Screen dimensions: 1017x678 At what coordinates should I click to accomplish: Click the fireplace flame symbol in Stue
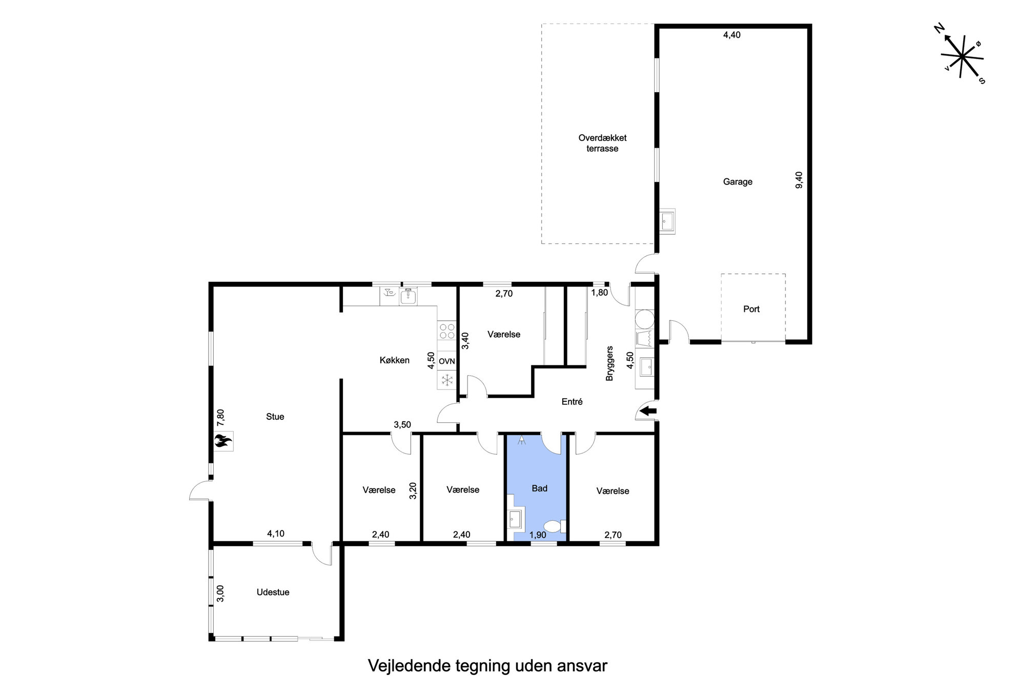coord(223,441)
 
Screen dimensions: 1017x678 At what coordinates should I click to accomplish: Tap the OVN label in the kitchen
coord(447,361)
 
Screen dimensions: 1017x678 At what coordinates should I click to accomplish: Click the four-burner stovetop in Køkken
coord(447,330)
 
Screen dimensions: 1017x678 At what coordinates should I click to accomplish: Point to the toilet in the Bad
coord(554,526)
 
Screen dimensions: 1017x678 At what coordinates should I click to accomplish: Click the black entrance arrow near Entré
coord(648,410)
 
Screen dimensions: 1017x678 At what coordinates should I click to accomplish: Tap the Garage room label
coord(738,181)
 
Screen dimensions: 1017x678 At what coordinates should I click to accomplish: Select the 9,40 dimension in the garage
coord(799,180)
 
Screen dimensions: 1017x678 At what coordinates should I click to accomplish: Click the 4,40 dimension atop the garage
coord(731,35)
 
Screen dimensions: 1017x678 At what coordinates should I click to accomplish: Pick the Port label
coord(751,309)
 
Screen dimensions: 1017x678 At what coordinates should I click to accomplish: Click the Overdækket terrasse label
coord(602,143)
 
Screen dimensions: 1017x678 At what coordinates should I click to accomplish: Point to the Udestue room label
coord(273,592)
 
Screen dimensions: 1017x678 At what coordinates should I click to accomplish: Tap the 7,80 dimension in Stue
coord(220,417)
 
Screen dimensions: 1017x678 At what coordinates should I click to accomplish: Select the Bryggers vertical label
coord(609,363)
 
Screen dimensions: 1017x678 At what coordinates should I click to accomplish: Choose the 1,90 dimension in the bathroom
coord(538,535)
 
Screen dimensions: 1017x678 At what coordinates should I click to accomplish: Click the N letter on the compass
coord(939,29)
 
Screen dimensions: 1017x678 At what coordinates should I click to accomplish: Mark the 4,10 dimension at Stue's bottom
coord(276,533)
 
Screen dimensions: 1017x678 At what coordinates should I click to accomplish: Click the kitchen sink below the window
coord(409,296)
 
